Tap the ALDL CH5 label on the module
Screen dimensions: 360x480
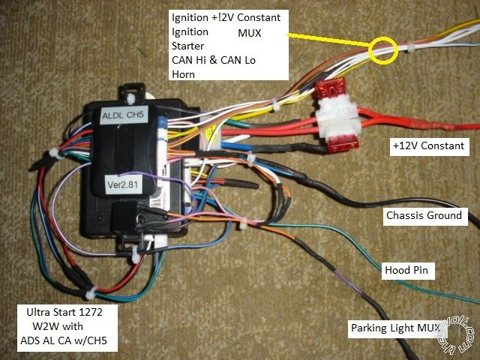click(x=127, y=115)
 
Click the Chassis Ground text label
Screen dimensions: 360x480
click(x=424, y=217)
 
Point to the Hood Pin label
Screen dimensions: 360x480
click(x=406, y=270)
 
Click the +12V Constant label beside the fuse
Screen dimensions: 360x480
click(x=428, y=145)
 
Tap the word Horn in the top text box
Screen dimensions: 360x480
click(x=184, y=73)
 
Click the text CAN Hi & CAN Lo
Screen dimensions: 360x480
click(x=212, y=60)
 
